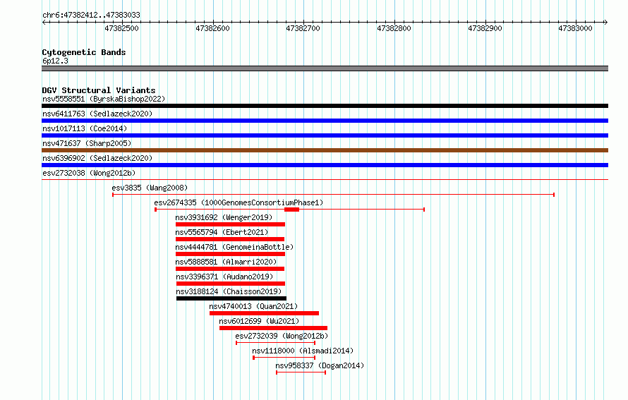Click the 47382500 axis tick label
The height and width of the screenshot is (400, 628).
(122, 28)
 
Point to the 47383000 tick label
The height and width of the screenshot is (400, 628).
(576, 28)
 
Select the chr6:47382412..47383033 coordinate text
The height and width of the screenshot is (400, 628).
(91, 16)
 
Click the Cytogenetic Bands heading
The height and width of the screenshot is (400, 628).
(84, 52)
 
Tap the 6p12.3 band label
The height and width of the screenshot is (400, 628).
(55, 61)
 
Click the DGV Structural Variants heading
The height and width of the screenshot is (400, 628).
(99, 90)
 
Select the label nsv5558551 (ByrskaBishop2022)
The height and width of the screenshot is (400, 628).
(104, 99)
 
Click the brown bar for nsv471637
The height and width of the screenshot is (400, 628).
(325, 150)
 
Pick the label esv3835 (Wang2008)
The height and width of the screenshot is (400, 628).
(150, 188)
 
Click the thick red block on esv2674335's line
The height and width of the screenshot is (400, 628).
(291, 210)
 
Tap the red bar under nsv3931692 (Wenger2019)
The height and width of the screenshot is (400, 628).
(230, 224)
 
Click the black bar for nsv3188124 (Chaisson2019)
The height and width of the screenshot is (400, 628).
(231, 298)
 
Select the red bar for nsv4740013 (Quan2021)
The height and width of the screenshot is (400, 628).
(265, 313)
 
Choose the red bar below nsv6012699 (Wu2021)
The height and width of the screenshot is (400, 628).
(274, 328)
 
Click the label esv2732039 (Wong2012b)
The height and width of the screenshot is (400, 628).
(282, 336)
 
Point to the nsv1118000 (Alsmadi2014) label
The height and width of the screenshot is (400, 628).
(303, 351)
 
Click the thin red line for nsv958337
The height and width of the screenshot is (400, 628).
(301, 372)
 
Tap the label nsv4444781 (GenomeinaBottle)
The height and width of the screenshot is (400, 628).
(234, 247)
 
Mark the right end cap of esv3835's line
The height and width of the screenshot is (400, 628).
(554, 195)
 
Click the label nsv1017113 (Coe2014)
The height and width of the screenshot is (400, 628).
(85, 128)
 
